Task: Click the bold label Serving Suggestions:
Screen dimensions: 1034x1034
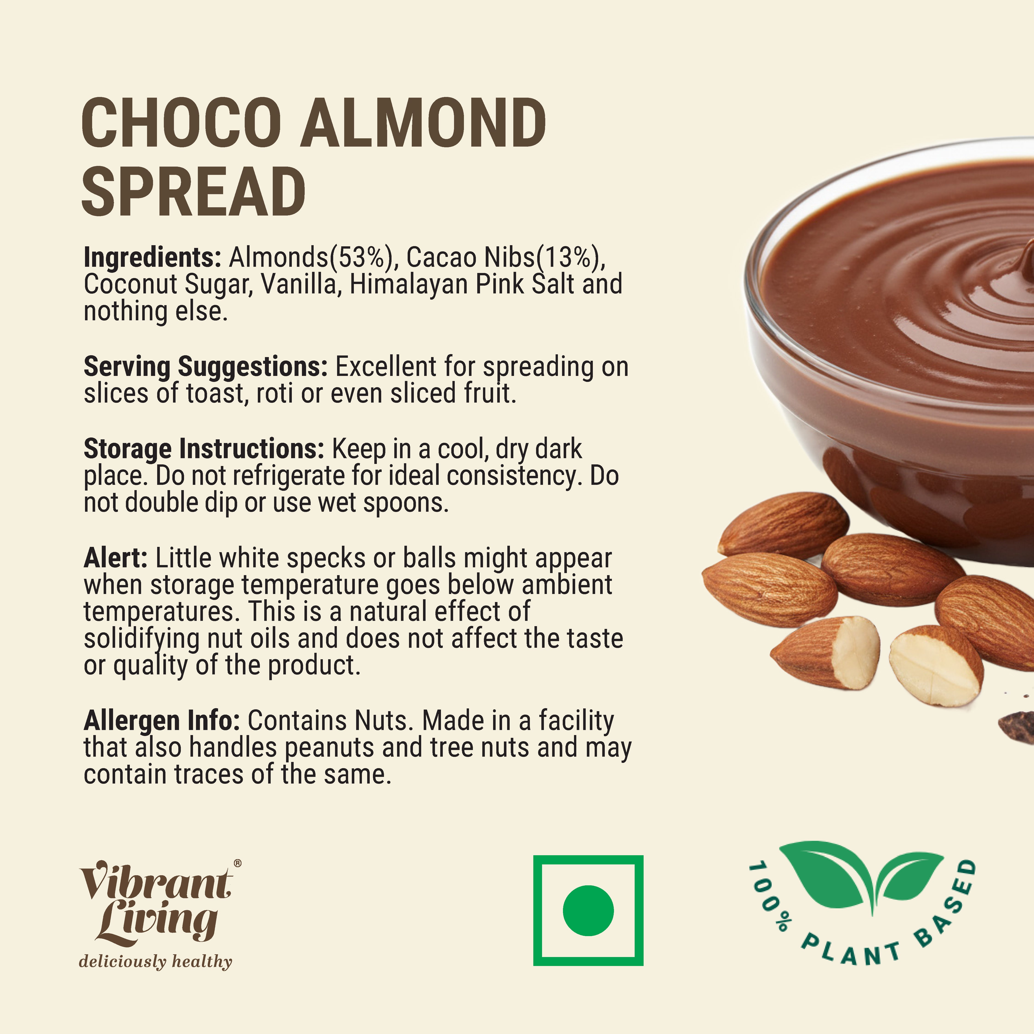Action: pyautogui.click(x=205, y=367)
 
